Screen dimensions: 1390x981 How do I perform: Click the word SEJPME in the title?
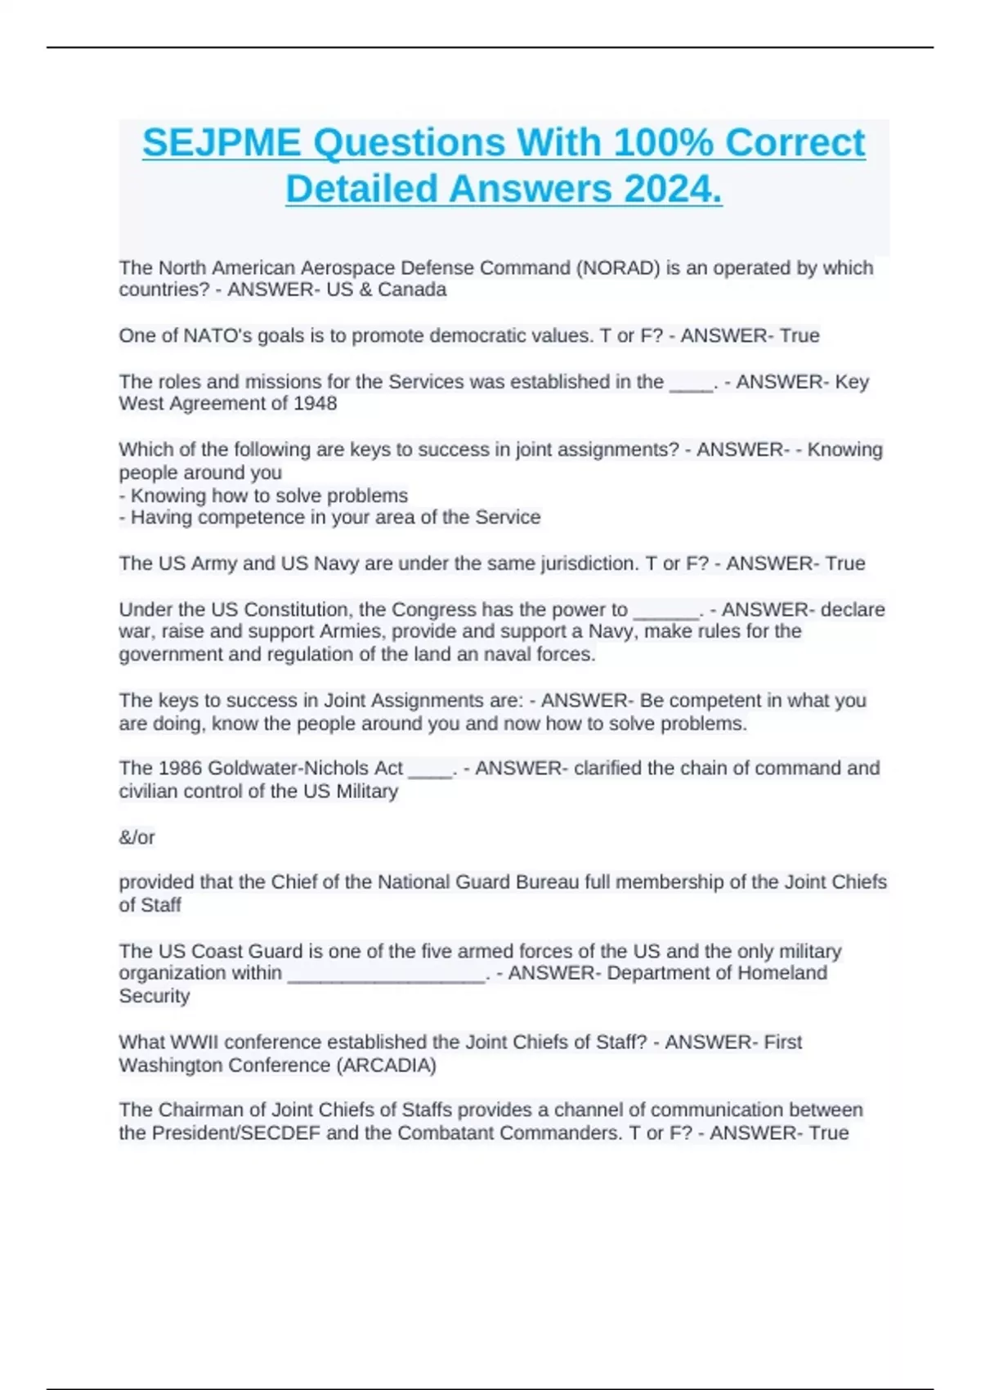point(222,143)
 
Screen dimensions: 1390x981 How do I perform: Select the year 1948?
point(315,404)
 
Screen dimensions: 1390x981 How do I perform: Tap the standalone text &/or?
point(137,837)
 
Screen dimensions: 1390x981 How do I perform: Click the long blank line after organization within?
point(387,975)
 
